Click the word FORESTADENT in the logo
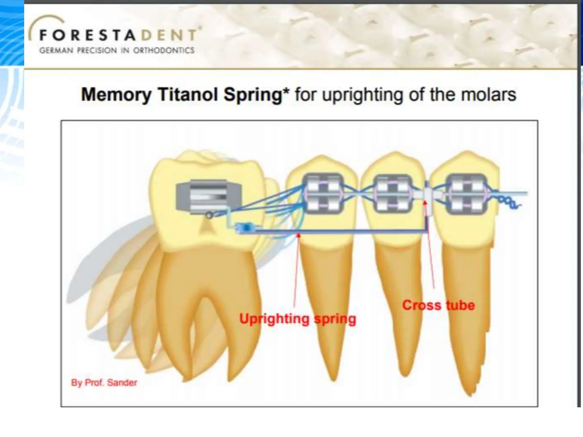tap(117, 35)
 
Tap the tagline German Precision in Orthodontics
tap(117, 51)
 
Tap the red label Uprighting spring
tap(297, 319)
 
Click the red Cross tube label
tap(439, 305)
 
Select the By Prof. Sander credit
tap(104, 383)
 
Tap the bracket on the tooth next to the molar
tap(323, 194)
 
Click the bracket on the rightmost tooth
tap(466, 194)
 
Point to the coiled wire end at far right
tap(510, 203)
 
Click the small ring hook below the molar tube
tap(209, 216)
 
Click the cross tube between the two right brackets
tap(427, 195)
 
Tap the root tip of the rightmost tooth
tap(470, 394)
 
